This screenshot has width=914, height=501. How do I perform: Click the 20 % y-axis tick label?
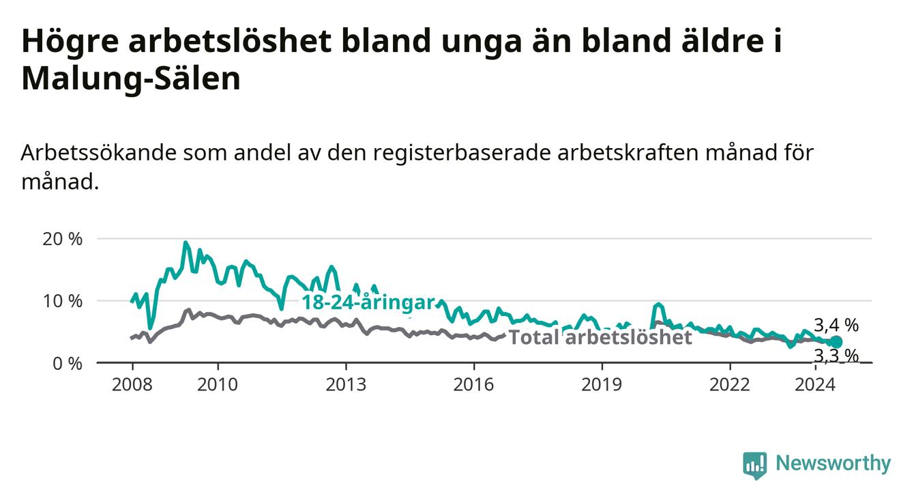[x=62, y=240]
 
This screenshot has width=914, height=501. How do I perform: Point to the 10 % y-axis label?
[x=62, y=301]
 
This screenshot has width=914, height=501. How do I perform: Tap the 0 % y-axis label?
[x=68, y=363]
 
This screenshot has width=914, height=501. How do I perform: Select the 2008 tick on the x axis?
[x=132, y=385]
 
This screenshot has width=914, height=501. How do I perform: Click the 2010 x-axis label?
[x=218, y=385]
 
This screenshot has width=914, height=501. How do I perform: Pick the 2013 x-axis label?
[x=346, y=385]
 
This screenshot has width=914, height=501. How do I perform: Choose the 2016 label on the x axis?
[x=474, y=385]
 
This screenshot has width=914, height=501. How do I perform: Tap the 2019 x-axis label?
[x=602, y=385]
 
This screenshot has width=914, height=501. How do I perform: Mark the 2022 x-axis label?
[x=730, y=385]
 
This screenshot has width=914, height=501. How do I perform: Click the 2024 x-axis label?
[x=815, y=385]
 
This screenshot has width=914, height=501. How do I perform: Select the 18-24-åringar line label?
[x=368, y=302]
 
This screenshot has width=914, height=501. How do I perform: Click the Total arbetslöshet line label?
[x=601, y=338]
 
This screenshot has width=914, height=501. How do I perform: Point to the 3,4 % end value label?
[x=836, y=326]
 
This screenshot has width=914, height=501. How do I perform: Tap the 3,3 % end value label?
[x=836, y=356]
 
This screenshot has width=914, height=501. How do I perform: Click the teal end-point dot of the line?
[x=836, y=342]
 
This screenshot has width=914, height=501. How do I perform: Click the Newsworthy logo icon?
[x=755, y=465]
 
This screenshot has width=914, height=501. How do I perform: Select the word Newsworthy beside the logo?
[x=834, y=463]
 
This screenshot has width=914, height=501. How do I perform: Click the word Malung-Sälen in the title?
[x=131, y=79]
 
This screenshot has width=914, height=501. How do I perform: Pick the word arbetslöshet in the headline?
[x=230, y=41]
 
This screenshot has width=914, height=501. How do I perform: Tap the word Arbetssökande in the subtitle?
[x=98, y=153]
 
